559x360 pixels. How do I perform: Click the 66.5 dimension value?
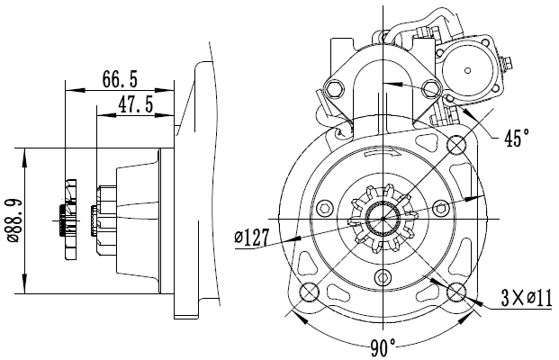coord(120,79)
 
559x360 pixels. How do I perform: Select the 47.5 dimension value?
coord(135,104)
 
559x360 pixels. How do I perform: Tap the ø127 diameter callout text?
coord(252,238)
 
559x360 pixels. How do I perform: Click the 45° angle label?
coord(517,137)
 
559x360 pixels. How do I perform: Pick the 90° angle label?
coord(383,347)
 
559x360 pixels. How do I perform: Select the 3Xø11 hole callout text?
coord(527,298)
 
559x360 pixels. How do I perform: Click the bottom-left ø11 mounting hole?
coord(309,292)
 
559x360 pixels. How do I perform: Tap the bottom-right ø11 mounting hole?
coord(456,292)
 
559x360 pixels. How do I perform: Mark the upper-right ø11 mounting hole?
coord(456,144)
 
